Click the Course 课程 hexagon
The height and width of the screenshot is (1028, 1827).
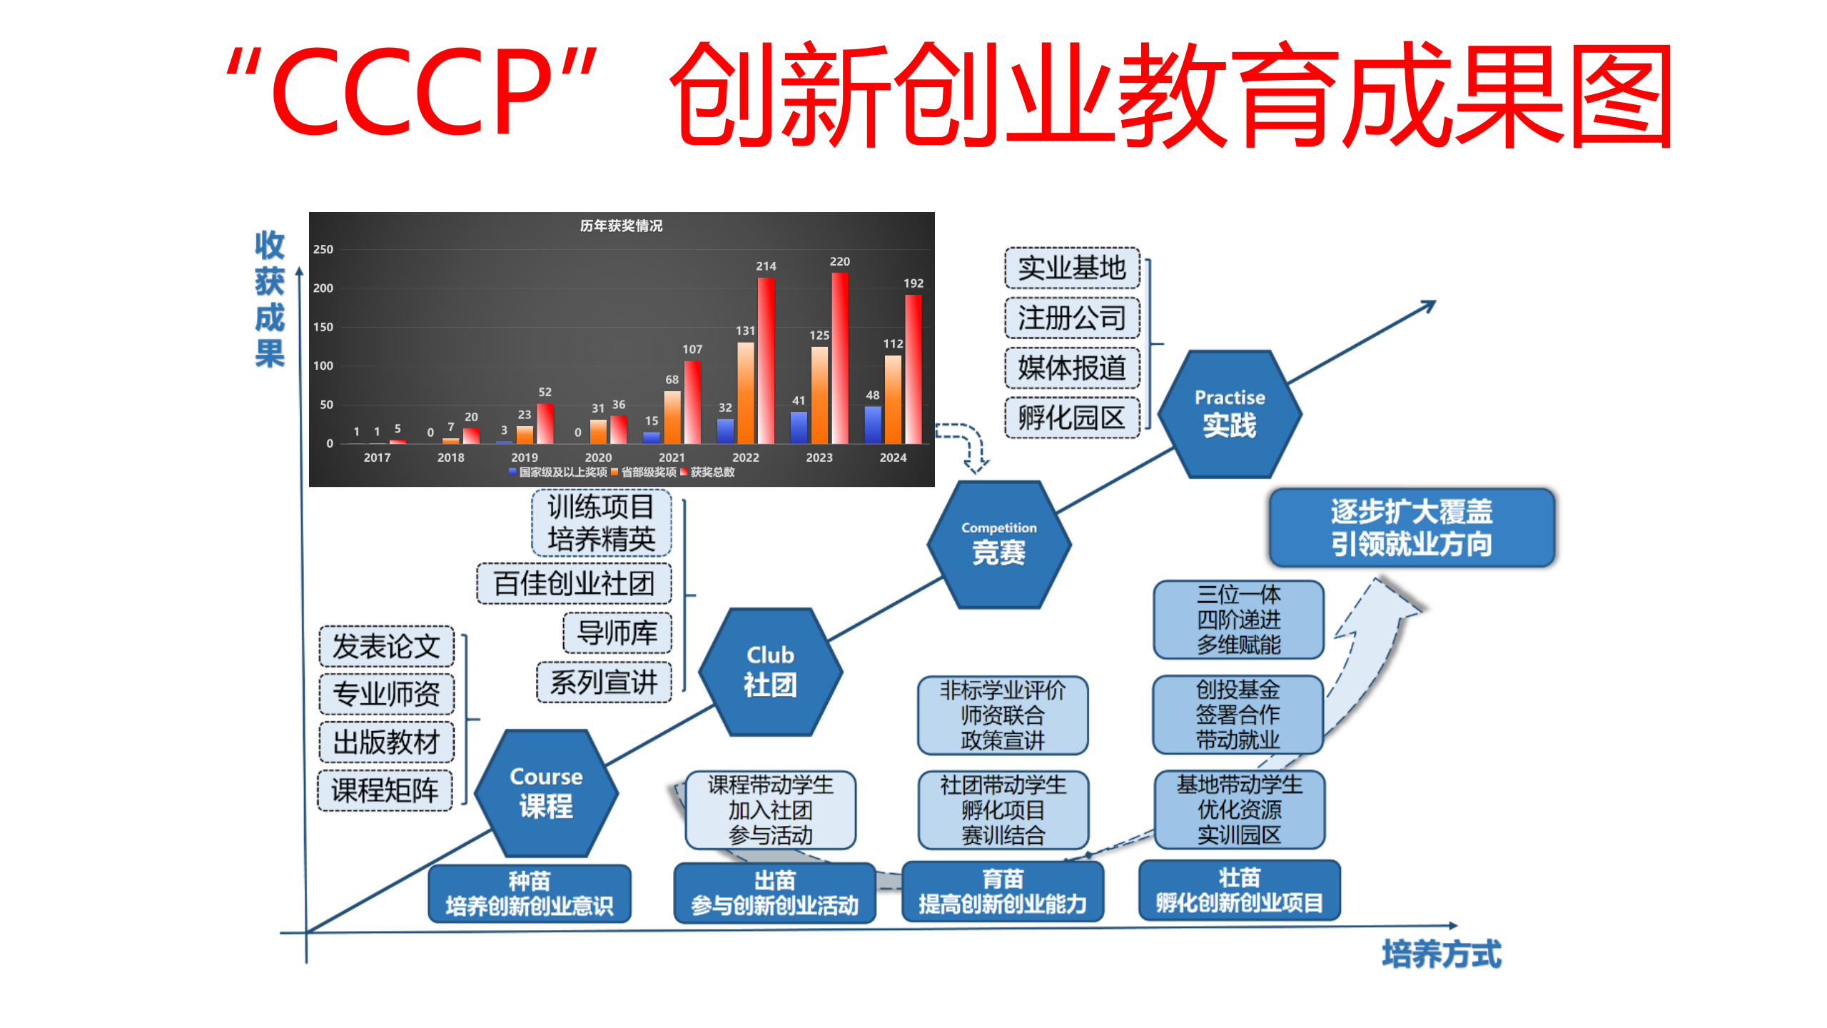(x=546, y=793)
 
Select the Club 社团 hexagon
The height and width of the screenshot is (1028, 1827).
(x=771, y=672)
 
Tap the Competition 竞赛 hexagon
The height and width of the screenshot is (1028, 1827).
(x=999, y=544)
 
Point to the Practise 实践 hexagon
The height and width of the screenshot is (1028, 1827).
(x=1230, y=414)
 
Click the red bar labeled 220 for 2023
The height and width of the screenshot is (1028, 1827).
(x=840, y=358)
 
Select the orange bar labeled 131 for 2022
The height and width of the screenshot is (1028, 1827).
(x=745, y=393)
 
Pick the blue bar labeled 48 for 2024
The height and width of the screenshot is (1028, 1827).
(x=873, y=425)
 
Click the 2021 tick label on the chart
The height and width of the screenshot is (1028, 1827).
(x=672, y=458)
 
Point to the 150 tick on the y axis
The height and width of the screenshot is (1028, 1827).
(x=323, y=327)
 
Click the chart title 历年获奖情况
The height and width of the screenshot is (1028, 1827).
(x=621, y=226)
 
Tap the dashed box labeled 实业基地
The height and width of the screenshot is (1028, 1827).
(x=1072, y=268)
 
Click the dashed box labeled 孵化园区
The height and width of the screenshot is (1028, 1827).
(x=1072, y=418)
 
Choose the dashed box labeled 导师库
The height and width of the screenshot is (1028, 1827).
(x=617, y=633)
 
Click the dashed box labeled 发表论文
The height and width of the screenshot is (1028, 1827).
(x=386, y=646)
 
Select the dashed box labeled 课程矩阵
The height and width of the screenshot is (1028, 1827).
(x=385, y=790)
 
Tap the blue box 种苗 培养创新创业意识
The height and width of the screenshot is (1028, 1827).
(x=530, y=894)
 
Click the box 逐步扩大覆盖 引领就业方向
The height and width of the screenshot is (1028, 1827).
(x=1412, y=528)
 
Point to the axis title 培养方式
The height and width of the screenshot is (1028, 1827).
(x=1442, y=954)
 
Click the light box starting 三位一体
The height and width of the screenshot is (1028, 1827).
(x=1239, y=620)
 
